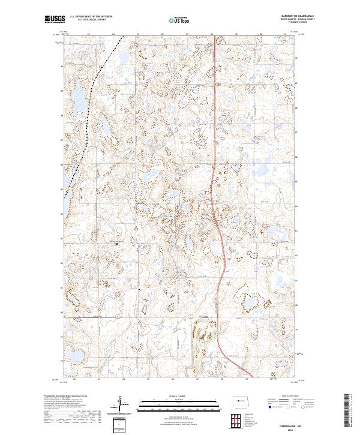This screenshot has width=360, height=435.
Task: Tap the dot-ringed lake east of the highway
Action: pos(248,303)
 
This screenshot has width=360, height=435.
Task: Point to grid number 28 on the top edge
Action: pos(212,34)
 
